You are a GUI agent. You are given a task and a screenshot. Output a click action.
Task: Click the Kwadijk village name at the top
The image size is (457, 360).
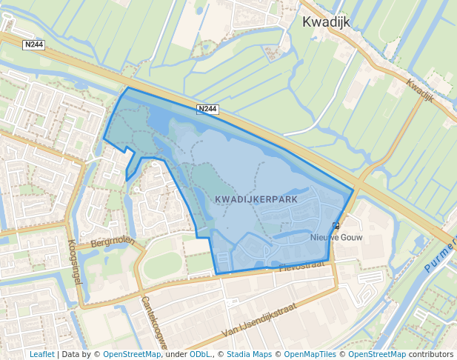pyautogui.click(x=327, y=22)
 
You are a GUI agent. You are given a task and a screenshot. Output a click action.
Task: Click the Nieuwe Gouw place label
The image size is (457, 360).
pyautogui.click(x=332, y=238)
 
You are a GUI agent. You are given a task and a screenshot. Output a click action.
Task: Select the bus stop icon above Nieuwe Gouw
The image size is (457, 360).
pyautogui.click(x=336, y=226)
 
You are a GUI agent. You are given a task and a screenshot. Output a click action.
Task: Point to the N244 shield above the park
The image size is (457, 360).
pyautogui.click(x=208, y=109)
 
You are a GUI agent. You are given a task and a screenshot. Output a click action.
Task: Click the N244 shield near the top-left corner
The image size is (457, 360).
pyautogui.click(x=34, y=45)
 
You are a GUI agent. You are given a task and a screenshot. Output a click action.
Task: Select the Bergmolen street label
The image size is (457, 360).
pyautogui.click(x=110, y=241)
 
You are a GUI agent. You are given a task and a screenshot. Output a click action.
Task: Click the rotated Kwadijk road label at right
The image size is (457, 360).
pyautogui.click(x=419, y=92)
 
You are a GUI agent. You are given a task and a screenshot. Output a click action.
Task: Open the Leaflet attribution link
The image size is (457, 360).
pyautogui.click(x=42, y=355)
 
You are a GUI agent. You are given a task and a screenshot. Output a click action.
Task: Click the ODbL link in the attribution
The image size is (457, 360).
pyautogui.click(x=199, y=355)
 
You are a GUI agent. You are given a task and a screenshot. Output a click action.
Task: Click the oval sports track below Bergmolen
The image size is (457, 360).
pyautogui.click(x=161, y=265)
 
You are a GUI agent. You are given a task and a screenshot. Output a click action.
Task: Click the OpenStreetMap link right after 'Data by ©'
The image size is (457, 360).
pyautogui.click(x=132, y=355)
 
